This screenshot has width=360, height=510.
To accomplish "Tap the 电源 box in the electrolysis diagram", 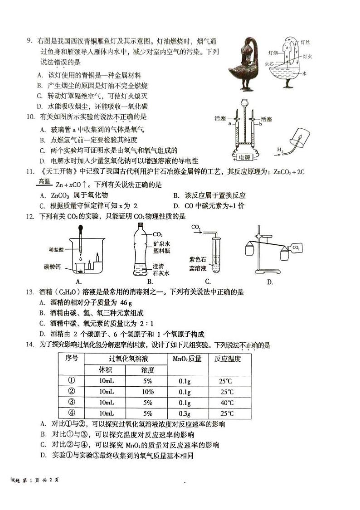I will click(245, 156).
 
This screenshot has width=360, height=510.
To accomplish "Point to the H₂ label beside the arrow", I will click(281, 149).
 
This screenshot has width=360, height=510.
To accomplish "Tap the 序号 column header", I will click(72, 359).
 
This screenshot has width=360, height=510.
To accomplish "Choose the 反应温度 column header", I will click(227, 359).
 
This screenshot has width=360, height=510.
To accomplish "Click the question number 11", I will click(30, 171).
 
